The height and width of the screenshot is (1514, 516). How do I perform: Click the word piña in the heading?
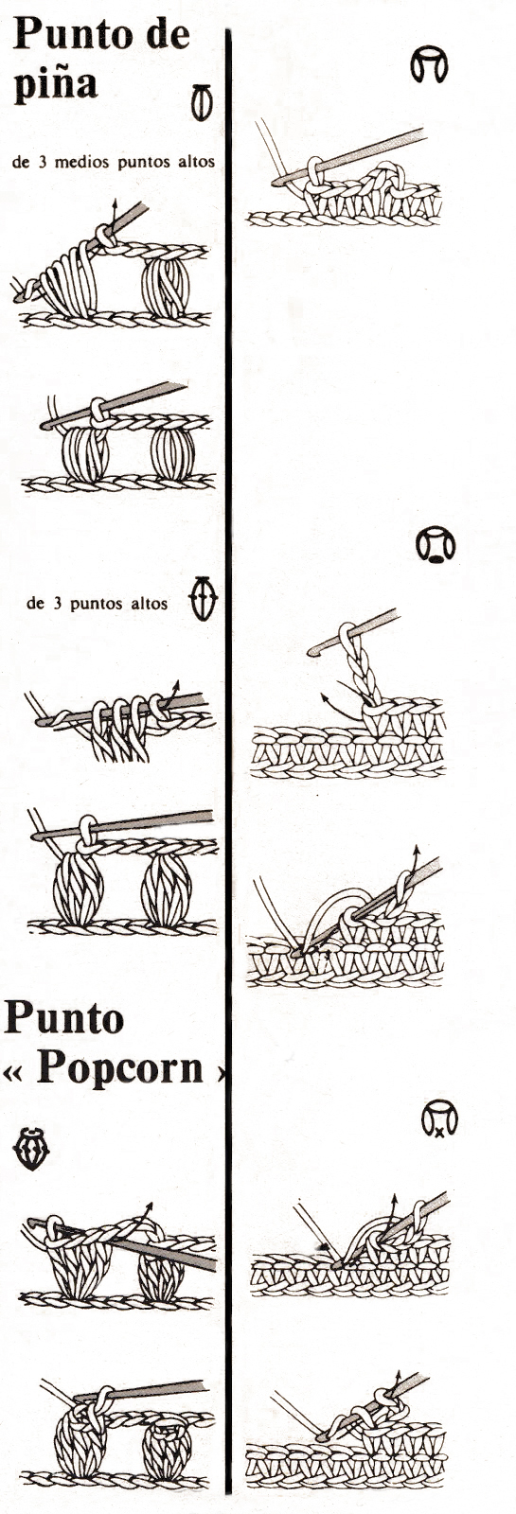click(56, 85)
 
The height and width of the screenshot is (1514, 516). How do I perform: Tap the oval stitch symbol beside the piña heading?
click(202, 103)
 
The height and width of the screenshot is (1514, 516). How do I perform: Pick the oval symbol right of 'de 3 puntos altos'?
click(204, 598)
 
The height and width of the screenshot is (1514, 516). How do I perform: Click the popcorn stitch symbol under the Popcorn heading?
click(31, 1149)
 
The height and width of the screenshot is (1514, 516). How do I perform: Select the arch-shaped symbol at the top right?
click(429, 65)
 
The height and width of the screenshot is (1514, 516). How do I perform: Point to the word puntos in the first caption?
click(144, 162)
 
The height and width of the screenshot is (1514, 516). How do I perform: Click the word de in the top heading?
click(167, 34)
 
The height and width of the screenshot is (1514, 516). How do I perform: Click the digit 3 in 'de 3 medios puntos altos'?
click(42, 162)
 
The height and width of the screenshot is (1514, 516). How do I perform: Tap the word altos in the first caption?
click(195, 162)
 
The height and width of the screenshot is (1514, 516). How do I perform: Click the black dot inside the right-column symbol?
click(436, 558)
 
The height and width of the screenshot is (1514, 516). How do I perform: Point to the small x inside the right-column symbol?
click(439, 1131)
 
